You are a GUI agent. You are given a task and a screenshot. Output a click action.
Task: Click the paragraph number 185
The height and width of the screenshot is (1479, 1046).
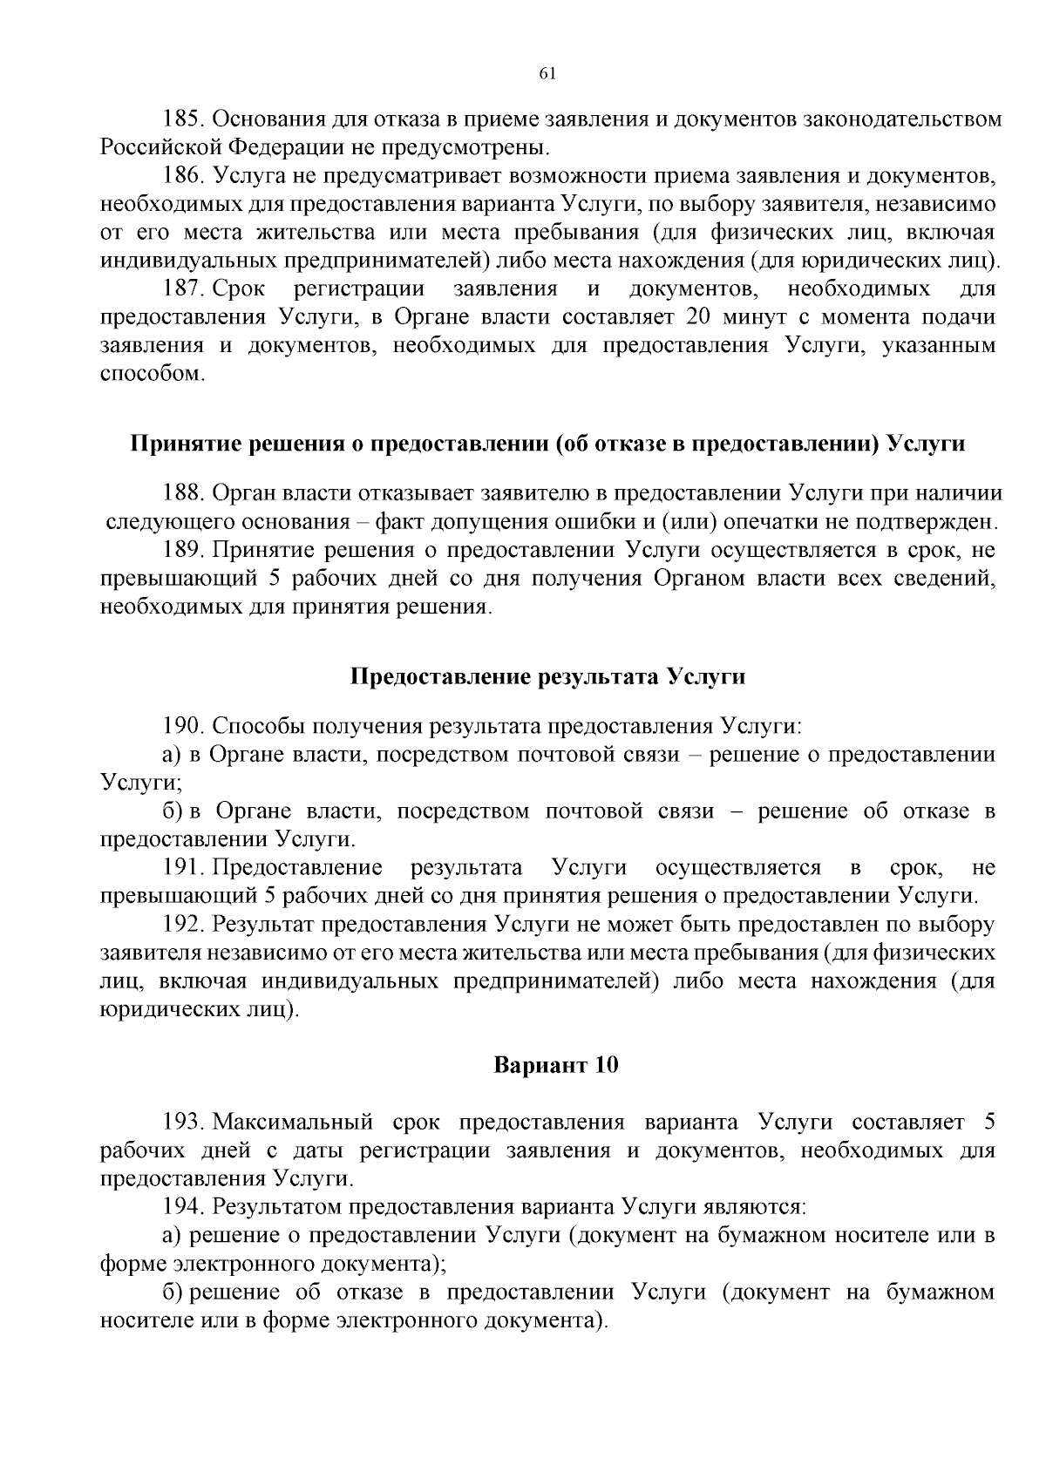pyautogui.click(x=183, y=119)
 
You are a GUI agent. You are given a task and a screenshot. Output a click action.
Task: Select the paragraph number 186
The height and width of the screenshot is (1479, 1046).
pyautogui.click(x=183, y=176)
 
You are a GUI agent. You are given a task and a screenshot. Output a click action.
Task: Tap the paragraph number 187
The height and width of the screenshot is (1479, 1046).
pyautogui.click(x=183, y=288)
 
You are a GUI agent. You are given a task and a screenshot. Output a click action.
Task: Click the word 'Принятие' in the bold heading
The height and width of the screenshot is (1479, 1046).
pyautogui.click(x=178, y=444)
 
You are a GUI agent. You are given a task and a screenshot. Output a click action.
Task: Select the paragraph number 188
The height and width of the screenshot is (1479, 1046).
pyautogui.click(x=183, y=493)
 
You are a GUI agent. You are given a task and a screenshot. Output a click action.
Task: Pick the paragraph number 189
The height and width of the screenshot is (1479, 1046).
pyautogui.click(x=183, y=550)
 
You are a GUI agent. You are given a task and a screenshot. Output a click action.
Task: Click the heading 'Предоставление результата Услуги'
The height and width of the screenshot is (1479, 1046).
pyautogui.click(x=547, y=676)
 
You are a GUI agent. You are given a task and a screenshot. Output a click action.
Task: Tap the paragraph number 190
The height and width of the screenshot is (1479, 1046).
pyautogui.click(x=183, y=726)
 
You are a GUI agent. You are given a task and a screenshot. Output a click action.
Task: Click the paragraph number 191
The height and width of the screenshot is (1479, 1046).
pyautogui.click(x=183, y=867)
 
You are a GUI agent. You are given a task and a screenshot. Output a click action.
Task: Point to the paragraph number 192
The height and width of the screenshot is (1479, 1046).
pyautogui.click(x=183, y=924)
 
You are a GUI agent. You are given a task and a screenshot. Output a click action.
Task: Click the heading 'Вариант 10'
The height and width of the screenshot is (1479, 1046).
pyautogui.click(x=556, y=1065)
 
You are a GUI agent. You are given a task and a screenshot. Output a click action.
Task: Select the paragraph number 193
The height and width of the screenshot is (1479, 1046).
pyautogui.click(x=183, y=1121)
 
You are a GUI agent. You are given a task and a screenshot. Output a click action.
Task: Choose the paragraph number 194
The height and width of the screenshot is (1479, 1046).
pyautogui.click(x=183, y=1206)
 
